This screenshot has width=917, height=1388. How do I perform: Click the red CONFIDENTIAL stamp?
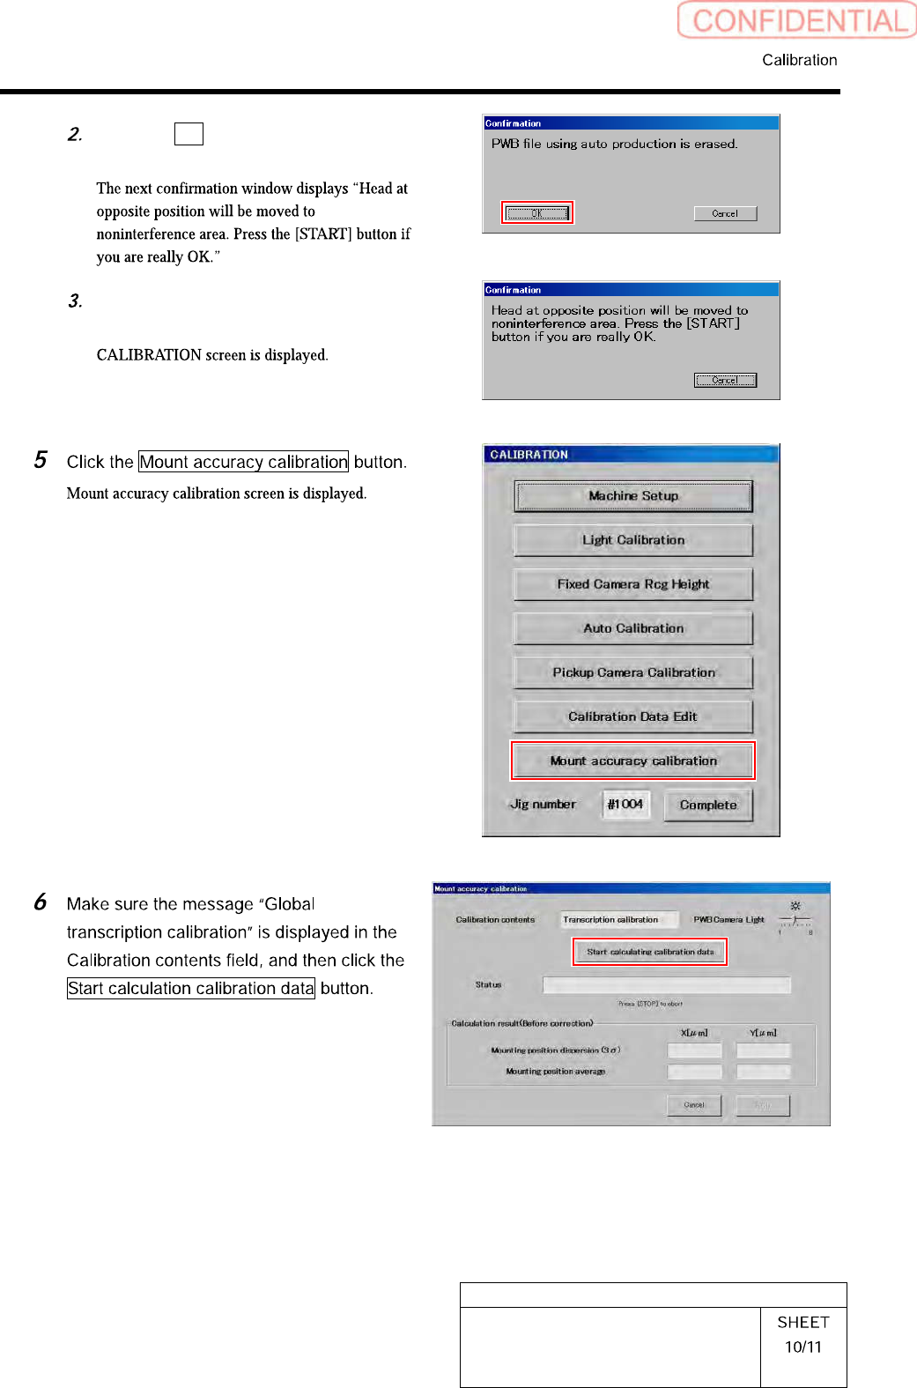click(x=797, y=20)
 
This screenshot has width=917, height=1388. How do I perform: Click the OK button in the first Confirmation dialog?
click(x=537, y=213)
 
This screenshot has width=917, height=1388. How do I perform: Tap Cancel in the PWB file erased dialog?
click(x=725, y=213)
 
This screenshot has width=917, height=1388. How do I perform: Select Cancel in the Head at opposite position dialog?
click(x=725, y=380)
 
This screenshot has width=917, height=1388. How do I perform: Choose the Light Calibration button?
click(x=633, y=540)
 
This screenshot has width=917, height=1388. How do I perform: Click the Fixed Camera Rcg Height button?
click(x=633, y=584)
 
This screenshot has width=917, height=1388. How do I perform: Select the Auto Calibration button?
click(x=633, y=628)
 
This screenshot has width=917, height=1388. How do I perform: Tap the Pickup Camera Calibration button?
click(x=633, y=672)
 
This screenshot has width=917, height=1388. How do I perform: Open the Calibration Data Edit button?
click(x=633, y=716)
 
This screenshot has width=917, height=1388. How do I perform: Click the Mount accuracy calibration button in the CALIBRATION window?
click(x=633, y=761)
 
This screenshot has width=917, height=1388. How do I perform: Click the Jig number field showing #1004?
click(x=625, y=805)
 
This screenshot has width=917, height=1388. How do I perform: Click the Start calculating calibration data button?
click(x=650, y=952)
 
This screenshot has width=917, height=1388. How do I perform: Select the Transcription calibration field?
click(x=619, y=920)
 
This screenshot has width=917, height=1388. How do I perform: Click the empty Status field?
click(x=666, y=985)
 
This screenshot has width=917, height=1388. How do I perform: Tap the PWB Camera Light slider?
click(x=795, y=920)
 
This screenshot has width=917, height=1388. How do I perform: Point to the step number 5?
click(x=41, y=460)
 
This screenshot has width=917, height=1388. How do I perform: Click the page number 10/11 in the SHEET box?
click(x=803, y=1347)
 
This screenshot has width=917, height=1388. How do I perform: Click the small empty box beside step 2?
click(x=189, y=134)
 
